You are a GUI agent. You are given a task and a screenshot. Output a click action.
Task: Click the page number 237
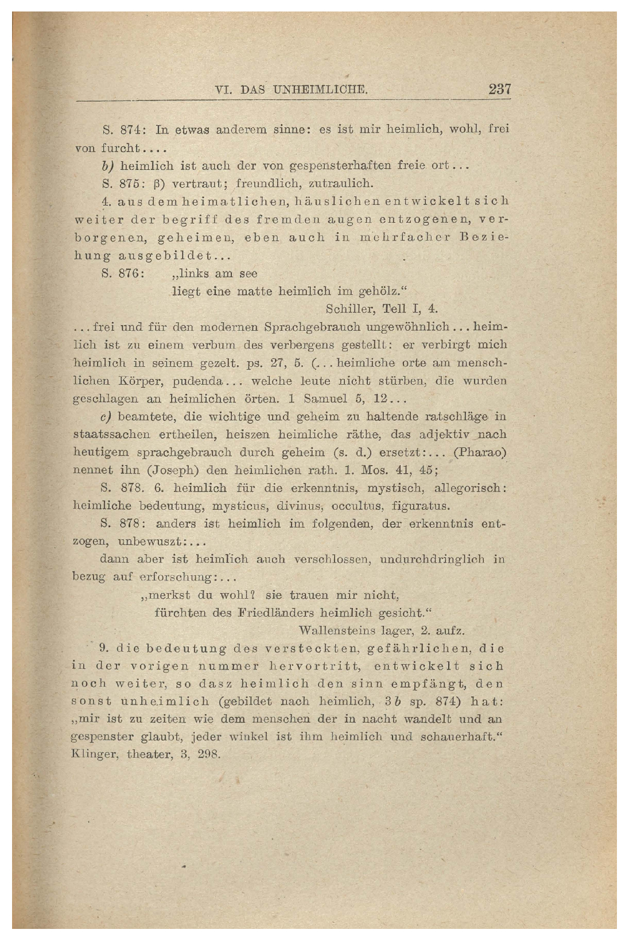pos(499,90)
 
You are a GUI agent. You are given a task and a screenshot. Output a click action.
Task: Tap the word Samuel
pos(325,398)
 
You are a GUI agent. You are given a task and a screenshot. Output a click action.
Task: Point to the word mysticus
pos(241,506)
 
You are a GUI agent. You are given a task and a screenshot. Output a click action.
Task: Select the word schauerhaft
pos(465,737)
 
